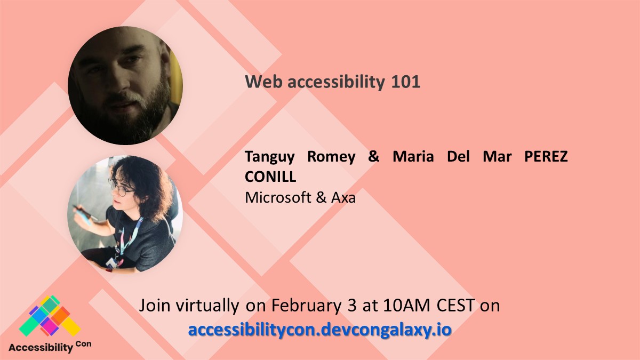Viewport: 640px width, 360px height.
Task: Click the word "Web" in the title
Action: [x=258, y=82]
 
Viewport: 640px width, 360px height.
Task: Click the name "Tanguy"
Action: [x=271, y=158]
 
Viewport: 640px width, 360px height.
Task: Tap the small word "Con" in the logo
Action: [x=83, y=343]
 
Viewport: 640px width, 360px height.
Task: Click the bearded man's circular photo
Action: [x=125, y=85]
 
